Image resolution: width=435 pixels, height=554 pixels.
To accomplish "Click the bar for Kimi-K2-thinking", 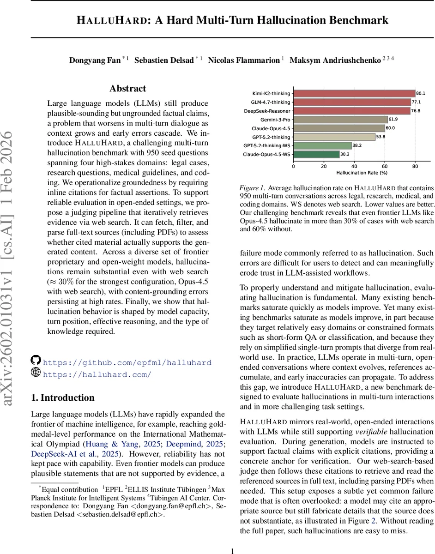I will pos(354,93).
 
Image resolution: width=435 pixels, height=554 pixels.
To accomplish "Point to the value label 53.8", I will pos(381,137).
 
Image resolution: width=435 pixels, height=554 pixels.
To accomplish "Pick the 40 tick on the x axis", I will pos(354,166).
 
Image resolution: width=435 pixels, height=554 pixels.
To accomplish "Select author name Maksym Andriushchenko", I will pos(335,60).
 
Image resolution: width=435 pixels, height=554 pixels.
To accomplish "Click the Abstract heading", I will pos(127,88).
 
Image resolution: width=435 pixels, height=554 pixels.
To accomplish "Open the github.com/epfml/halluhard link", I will pos(127,363).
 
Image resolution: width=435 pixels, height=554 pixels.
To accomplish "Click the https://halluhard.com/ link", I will pos(97,374).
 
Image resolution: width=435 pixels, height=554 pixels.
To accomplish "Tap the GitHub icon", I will pos(36,361).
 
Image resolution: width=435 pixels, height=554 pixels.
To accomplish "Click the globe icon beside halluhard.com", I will pos(36,373).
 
